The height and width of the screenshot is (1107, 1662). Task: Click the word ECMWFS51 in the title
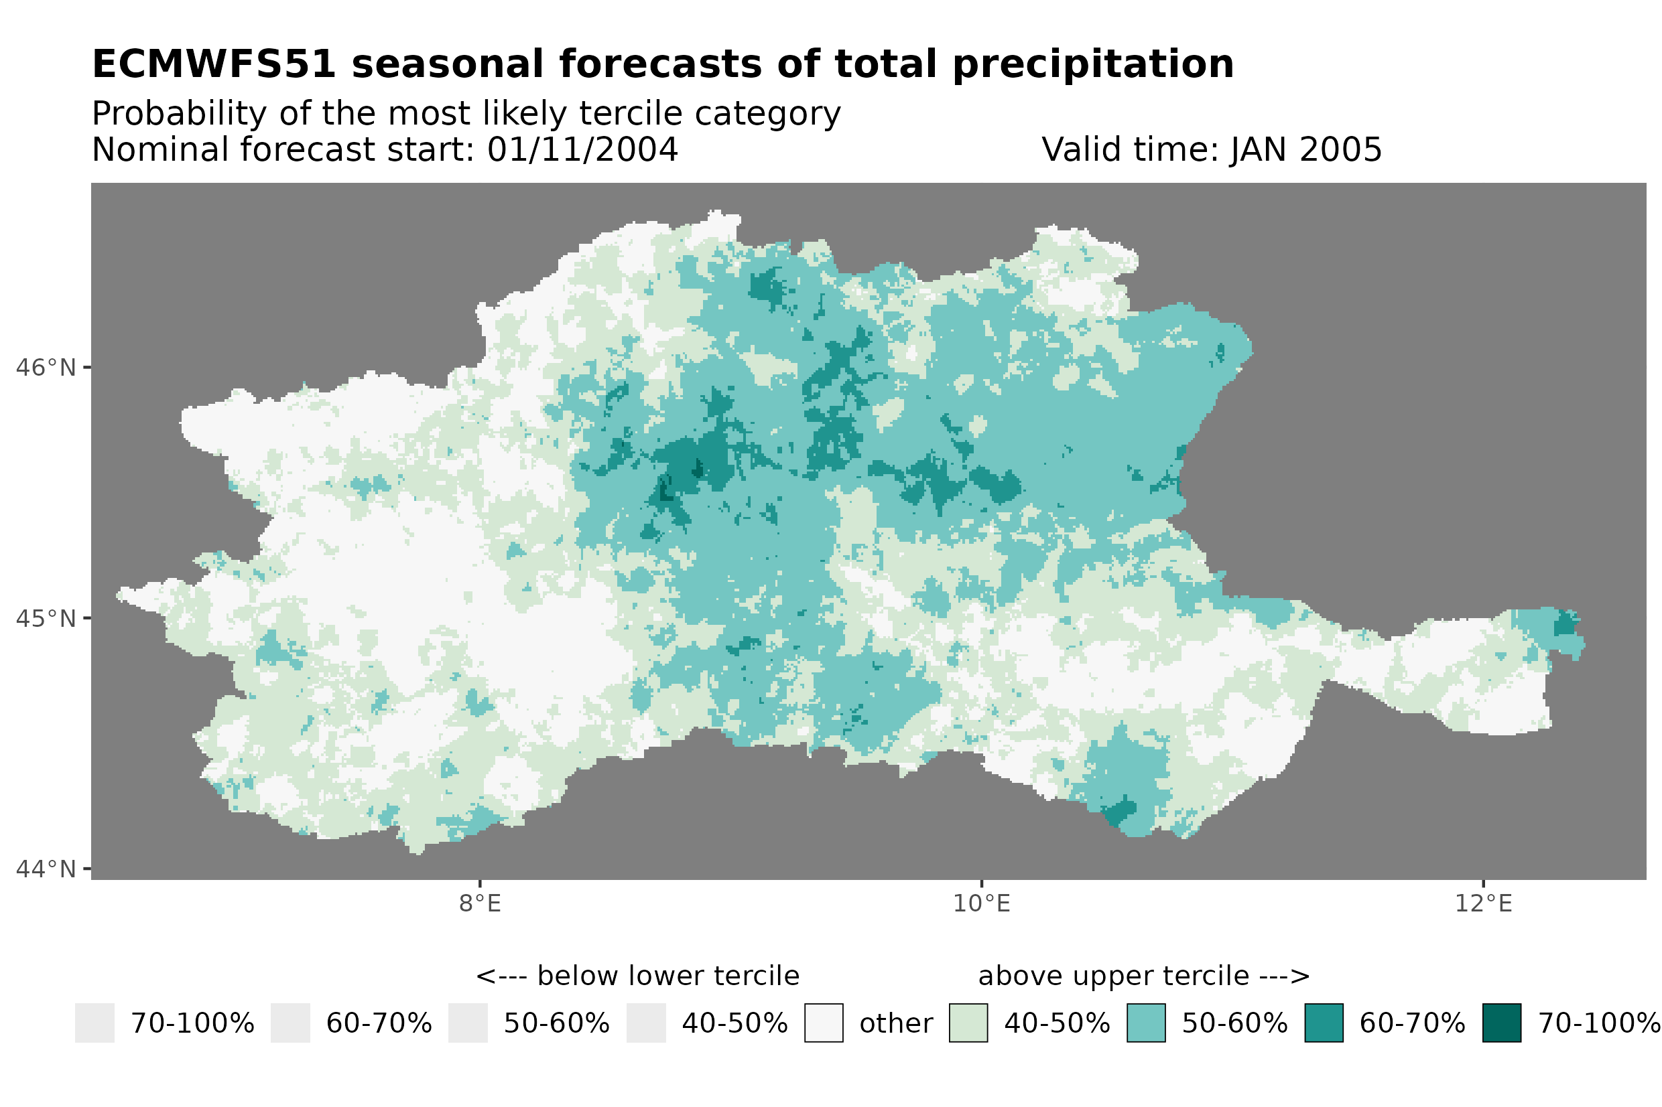(x=213, y=64)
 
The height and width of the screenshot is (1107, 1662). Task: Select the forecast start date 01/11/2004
(x=582, y=149)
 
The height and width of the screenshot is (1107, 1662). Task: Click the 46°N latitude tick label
(x=45, y=368)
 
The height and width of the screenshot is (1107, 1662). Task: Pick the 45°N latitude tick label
(x=45, y=618)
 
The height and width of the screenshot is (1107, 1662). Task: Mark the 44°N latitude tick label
(x=45, y=869)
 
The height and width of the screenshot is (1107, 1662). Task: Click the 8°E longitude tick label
(x=480, y=903)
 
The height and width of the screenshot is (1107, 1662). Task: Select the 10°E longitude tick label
(x=981, y=903)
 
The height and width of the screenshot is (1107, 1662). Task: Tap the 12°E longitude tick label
(x=1482, y=903)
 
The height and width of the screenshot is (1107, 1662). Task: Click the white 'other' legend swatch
(x=824, y=1023)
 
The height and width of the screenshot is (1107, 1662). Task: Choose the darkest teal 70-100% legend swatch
(x=1501, y=1023)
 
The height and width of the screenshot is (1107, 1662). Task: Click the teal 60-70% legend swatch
(x=1324, y=1023)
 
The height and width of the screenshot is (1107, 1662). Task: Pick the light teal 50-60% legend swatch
(x=1146, y=1023)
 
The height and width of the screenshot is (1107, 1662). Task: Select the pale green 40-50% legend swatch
(x=968, y=1023)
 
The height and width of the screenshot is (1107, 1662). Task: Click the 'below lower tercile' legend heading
(x=637, y=976)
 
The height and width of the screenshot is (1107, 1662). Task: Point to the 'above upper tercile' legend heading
(x=1143, y=976)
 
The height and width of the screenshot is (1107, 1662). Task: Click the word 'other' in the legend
(x=895, y=1024)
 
